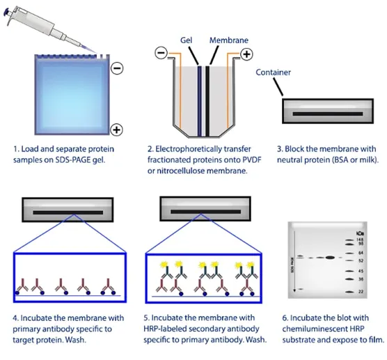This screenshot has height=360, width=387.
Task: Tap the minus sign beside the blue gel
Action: click(116, 68)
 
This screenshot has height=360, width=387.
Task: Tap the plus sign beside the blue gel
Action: click(116, 130)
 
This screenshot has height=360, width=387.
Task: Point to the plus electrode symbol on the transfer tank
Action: click(246, 54)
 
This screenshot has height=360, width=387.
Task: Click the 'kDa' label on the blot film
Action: click(359, 233)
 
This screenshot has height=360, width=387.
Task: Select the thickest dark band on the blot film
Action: click(329, 257)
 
